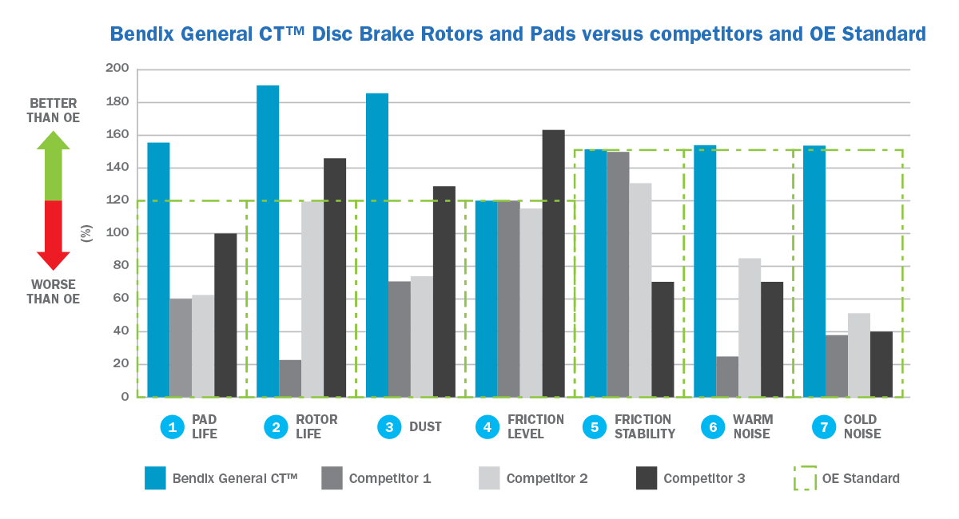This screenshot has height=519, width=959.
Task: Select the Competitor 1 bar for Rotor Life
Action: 290,378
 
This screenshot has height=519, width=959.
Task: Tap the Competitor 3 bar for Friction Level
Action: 553,263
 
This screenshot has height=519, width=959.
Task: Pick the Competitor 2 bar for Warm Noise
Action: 750,327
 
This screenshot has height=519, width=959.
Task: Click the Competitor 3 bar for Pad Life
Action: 225,315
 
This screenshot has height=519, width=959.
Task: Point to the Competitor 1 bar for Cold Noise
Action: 837,366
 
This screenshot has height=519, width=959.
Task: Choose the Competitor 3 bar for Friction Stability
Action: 663,339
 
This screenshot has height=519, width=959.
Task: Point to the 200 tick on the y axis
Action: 117,69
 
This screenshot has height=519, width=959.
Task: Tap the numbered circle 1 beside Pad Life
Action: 172,427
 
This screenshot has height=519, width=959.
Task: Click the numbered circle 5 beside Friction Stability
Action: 595,427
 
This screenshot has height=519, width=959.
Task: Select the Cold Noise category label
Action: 861,427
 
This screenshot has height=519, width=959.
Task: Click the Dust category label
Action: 424,427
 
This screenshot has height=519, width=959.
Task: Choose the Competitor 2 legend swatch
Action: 488,478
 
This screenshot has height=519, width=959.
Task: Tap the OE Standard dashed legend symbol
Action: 804,478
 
